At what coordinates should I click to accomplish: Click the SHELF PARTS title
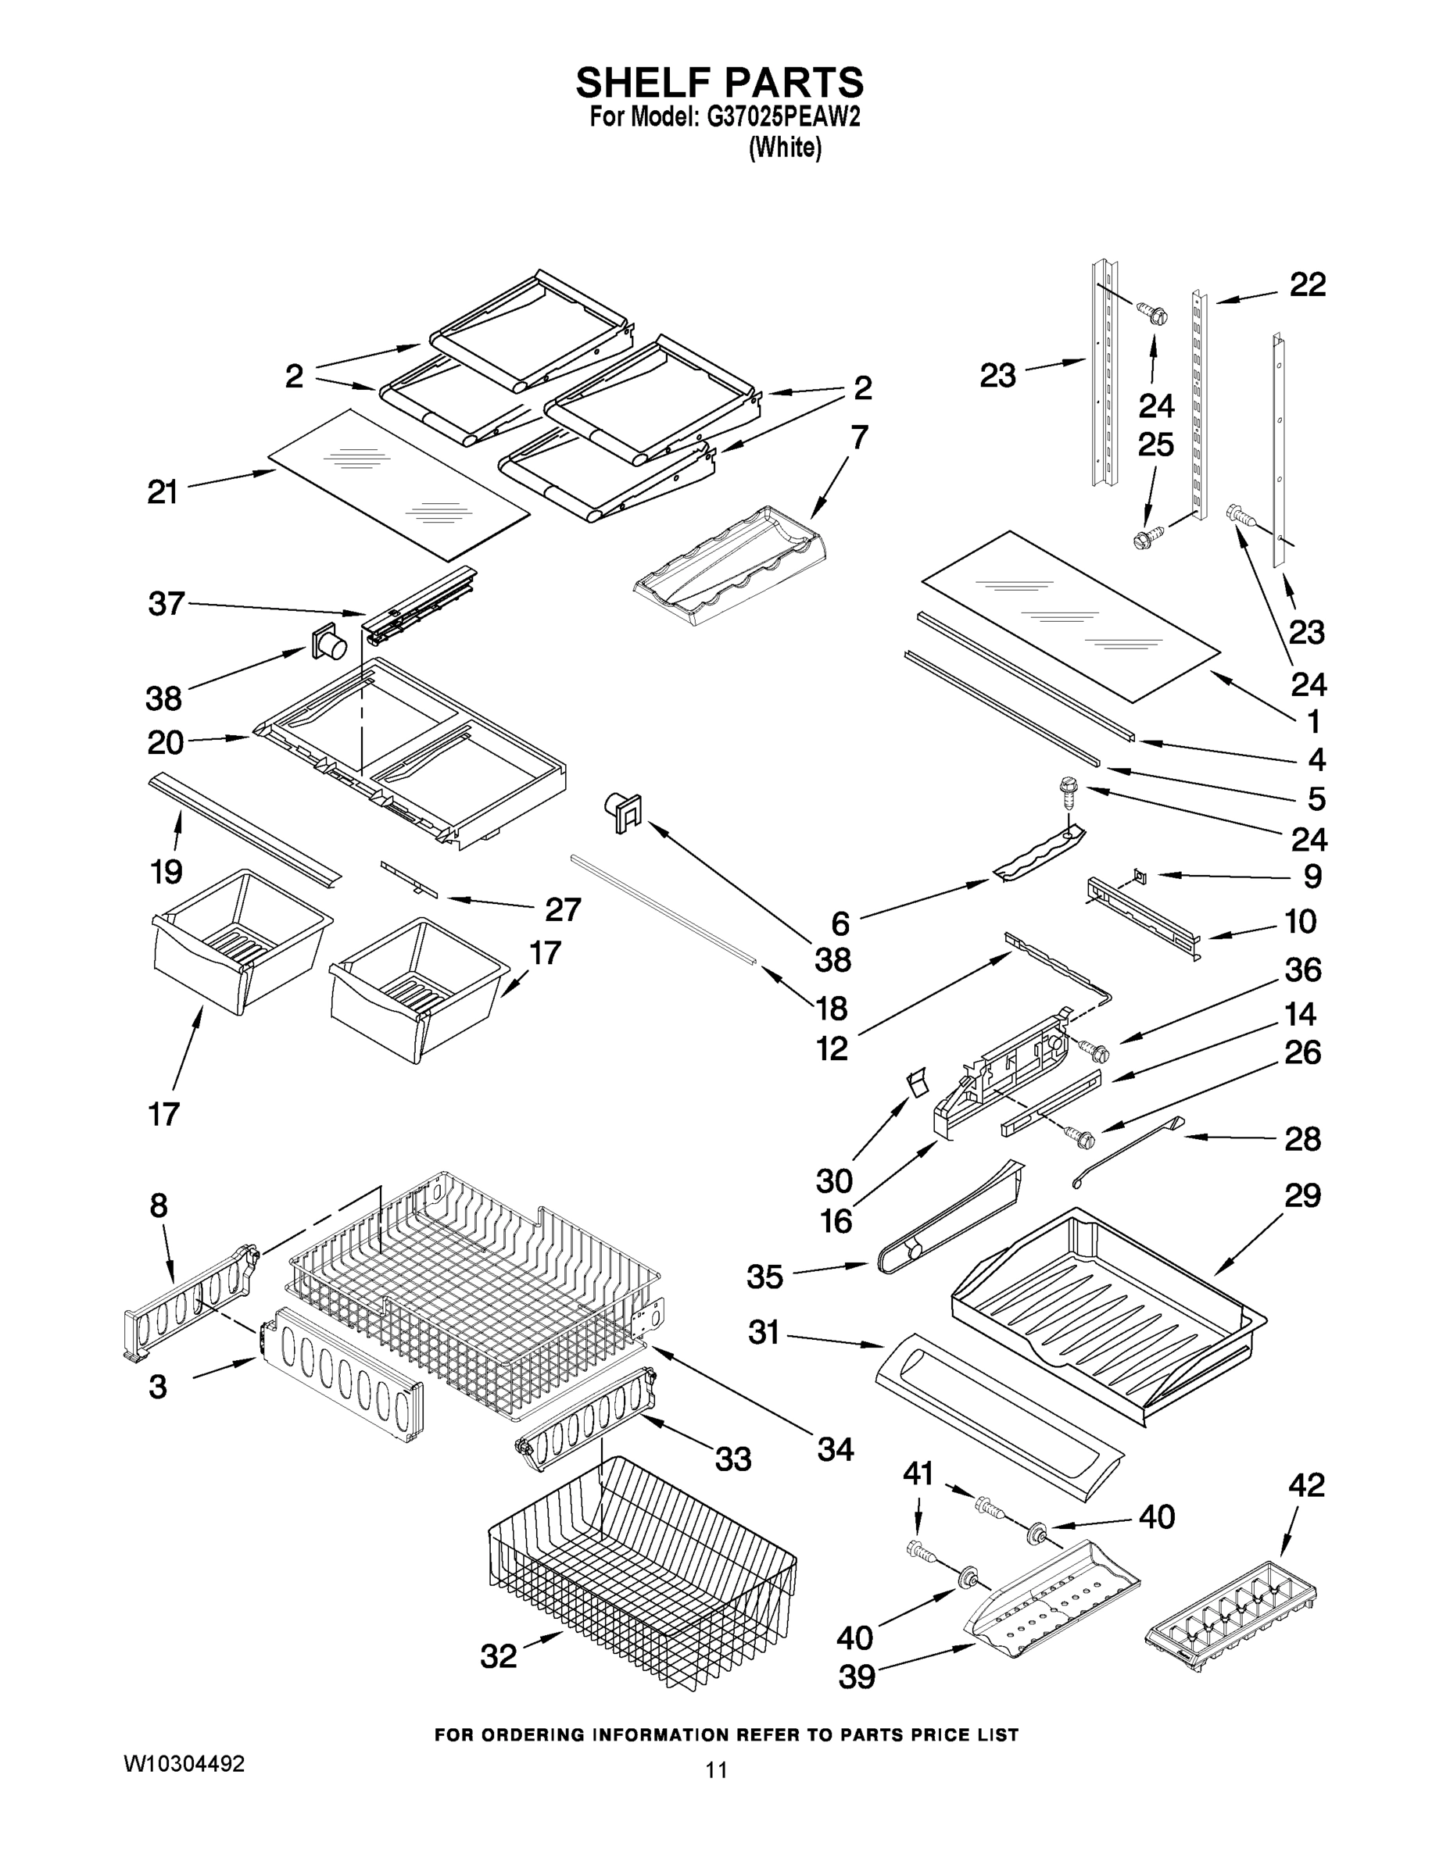pyautogui.click(x=720, y=84)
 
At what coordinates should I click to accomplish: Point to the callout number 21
pyautogui.click(x=163, y=493)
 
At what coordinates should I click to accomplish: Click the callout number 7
pyautogui.click(x=859, y=437)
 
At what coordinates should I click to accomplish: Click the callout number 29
pyautogui.click(x=1302, y=1195)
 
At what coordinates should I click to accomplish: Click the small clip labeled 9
pyautogui.click(x=1140, y=875)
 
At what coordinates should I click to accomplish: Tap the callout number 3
pyautogui.click(x=157, y=1387)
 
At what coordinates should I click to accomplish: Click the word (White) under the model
pyautogui.click(x=785, y=148)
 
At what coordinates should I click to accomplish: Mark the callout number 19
pyautogui.click(x=166, y=871)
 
